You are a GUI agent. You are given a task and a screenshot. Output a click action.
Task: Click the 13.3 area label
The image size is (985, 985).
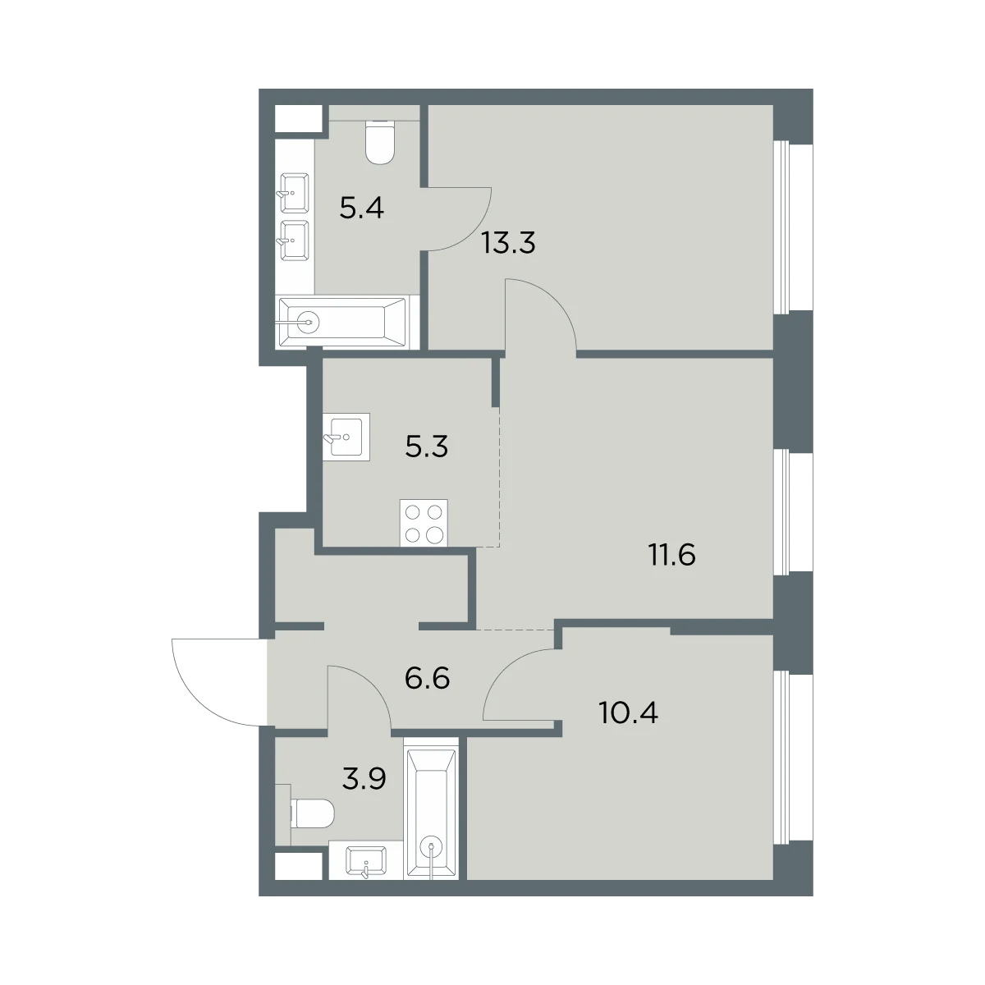tap(509, 243)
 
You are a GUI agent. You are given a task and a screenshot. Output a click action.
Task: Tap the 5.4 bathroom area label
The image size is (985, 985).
tap(361, 208)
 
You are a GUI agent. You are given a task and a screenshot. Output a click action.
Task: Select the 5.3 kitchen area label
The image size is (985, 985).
tap(426, 447)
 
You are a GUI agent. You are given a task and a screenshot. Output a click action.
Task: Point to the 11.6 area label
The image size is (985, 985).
tap(671, 555)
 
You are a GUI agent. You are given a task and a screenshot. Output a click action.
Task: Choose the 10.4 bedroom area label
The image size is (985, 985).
tap(628, 712)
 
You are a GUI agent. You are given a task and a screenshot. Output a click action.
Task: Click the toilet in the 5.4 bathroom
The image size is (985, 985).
tap(381, 142)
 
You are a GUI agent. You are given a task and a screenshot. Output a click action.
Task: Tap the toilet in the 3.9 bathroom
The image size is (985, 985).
tap(312, 813)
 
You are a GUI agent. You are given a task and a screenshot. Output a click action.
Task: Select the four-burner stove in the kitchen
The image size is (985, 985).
tap(424, 523)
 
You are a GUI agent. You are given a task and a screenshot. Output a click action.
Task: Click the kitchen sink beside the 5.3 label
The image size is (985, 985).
tap(346, 437)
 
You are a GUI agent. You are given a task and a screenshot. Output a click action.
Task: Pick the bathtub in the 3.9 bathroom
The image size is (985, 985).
tap(431, 809)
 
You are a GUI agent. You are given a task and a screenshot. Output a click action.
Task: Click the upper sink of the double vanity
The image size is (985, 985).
tap(294, 193)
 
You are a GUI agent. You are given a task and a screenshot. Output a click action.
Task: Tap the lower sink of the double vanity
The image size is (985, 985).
tap(294, 241)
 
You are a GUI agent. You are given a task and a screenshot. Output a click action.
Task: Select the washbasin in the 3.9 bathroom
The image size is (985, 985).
tap(366, 861)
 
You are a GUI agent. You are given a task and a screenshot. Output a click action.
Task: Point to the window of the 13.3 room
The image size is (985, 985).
tap(793, 227)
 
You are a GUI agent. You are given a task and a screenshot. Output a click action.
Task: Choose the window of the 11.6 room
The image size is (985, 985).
tap(793, 512)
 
